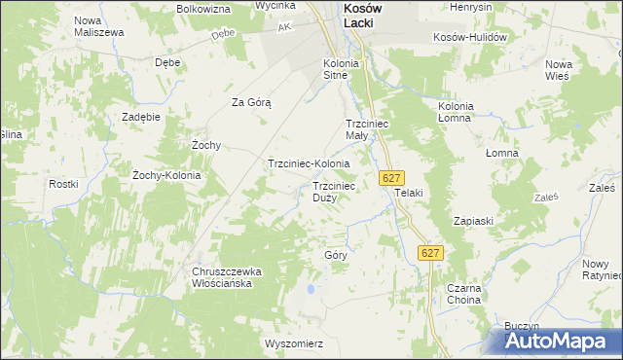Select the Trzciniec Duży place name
[333, 191]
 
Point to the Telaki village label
[409, 193]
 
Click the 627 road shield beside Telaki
[391, 178]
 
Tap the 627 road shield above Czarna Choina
[431, 252]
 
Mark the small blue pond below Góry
[311, 289]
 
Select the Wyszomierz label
[293, 343]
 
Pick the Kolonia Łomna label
[455, 111]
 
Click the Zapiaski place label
[473, 221]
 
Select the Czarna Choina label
[463, 295]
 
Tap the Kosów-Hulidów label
[472, 37]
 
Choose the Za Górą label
[250, 102]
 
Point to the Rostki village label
[63, 184]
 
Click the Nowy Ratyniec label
[600, 270]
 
